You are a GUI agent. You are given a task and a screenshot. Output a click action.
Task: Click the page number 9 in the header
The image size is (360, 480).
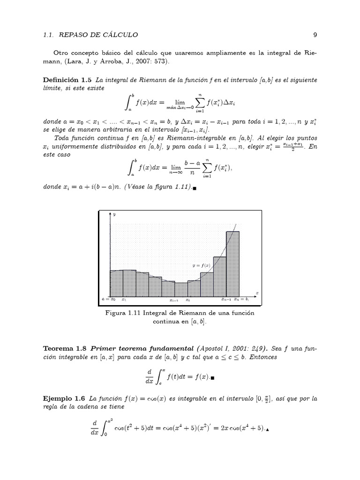(x=315, y=34)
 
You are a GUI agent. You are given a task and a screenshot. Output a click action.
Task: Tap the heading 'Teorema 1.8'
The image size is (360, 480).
(x=65, y=349)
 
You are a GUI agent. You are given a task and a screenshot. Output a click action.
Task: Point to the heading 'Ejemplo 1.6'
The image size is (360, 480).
(x=64, y=399)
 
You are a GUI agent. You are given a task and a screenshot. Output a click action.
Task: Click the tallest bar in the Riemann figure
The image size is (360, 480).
(x=232, y=262)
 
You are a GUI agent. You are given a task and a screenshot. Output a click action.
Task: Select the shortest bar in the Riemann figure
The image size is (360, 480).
(x=181, y=288)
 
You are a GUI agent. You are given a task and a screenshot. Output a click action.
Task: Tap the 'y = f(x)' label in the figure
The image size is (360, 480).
(x=201, y=265)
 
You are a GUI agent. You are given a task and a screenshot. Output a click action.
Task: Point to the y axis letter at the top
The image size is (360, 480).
(x=114, y=214)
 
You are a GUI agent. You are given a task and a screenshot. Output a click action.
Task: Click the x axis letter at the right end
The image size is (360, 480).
(x=257, y=293)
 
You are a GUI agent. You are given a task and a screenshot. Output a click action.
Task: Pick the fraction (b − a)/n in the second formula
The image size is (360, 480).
(x=190, y=168)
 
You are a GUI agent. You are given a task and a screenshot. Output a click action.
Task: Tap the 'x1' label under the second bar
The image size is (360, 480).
(x=124, y=299)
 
